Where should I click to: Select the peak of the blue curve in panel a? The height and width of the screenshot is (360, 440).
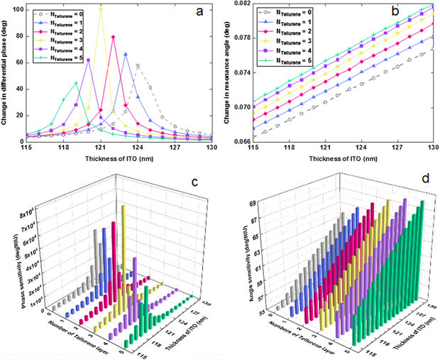[126, 53]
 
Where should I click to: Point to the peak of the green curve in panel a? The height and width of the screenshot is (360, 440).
[76, 83]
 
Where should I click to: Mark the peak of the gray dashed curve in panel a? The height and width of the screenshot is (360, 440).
[138, 66]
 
